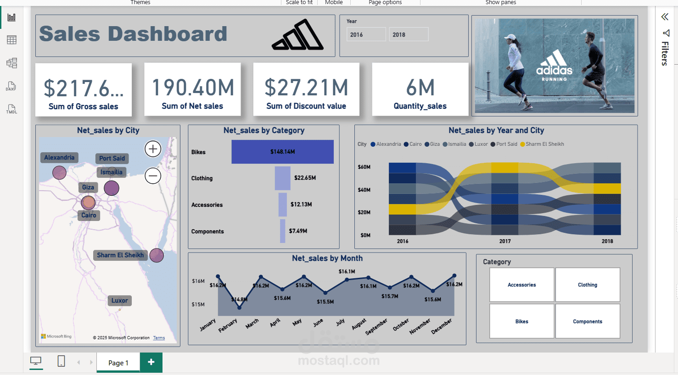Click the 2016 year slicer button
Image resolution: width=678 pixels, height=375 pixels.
click(x=366, y=34)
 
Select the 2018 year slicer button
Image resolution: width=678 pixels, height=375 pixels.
click(x=409, y=34)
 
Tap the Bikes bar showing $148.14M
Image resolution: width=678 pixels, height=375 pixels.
click(x=282, y=152)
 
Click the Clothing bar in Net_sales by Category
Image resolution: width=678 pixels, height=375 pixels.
click(x=282, y=178)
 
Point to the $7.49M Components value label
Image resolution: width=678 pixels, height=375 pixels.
click(x=298, y=231)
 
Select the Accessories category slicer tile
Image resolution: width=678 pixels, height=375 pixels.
click(x=521, y=285)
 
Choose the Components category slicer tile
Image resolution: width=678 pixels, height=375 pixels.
click(x=587, y=321)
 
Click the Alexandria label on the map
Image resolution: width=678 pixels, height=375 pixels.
click(x=59, y=158)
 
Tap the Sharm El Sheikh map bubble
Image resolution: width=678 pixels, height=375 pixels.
click(x=157, y=255)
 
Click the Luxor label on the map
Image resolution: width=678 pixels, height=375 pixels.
click(x=119, y=301)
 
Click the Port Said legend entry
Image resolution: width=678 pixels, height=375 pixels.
click(x=506, y=144)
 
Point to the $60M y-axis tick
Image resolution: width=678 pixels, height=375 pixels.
click(x=364, y=167)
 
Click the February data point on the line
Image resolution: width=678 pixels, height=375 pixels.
click(x=239, y=308)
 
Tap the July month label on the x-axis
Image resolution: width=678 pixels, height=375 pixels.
click(x=340, y=322)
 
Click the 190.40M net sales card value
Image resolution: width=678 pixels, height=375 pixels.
click(x=193, y=88)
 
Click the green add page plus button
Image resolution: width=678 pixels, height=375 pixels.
click(x=151, y=362)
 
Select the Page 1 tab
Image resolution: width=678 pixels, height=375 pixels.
click(x=118, y=363)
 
